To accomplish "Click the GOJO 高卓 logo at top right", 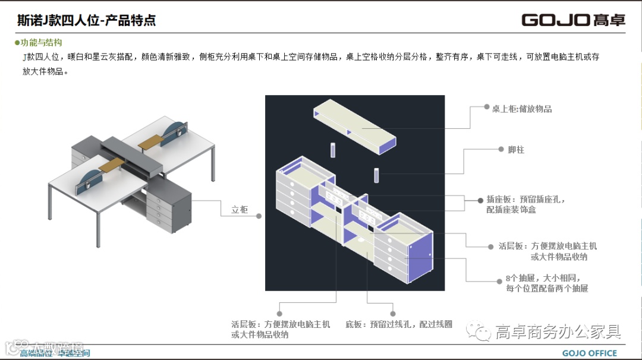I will [x=573, y=20].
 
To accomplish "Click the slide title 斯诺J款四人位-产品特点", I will [x=87, y=20].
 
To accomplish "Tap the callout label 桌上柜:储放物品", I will [x=522, y=109].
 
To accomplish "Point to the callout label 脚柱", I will [x=516, y=150].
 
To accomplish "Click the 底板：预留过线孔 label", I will [x=399, y=324].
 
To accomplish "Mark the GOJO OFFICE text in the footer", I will [x=590, y=353].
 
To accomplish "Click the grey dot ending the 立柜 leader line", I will [x=259, y=216].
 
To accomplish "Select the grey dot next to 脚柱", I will [x=502, y=150].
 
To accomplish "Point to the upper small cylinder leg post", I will [x=333, y=150].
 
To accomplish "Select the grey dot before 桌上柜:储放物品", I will [x=486, y=108].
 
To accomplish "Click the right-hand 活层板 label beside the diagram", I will [x=546, y=251].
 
